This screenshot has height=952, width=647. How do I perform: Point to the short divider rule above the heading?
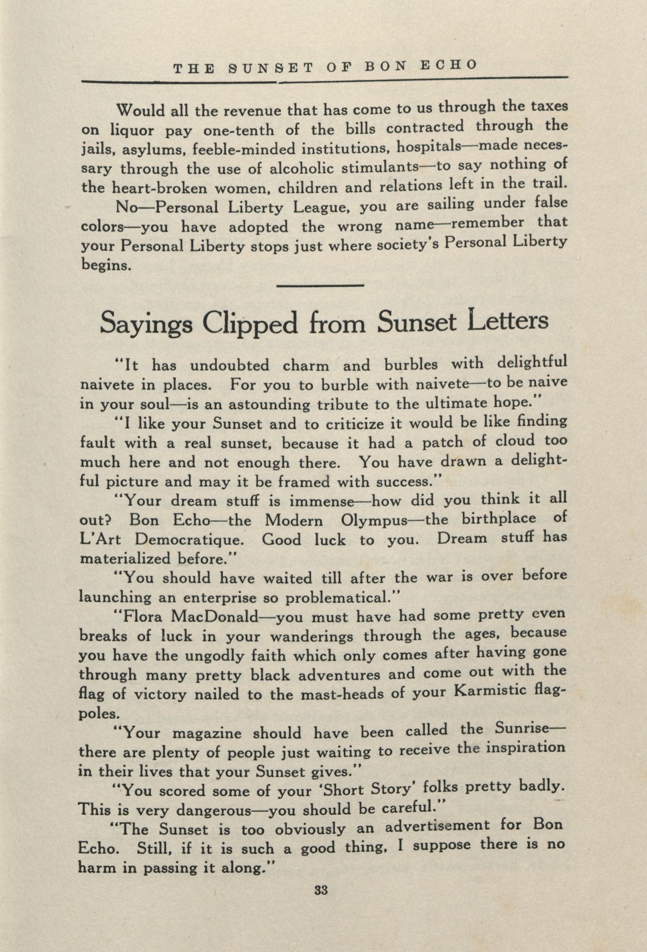(321, 285)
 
